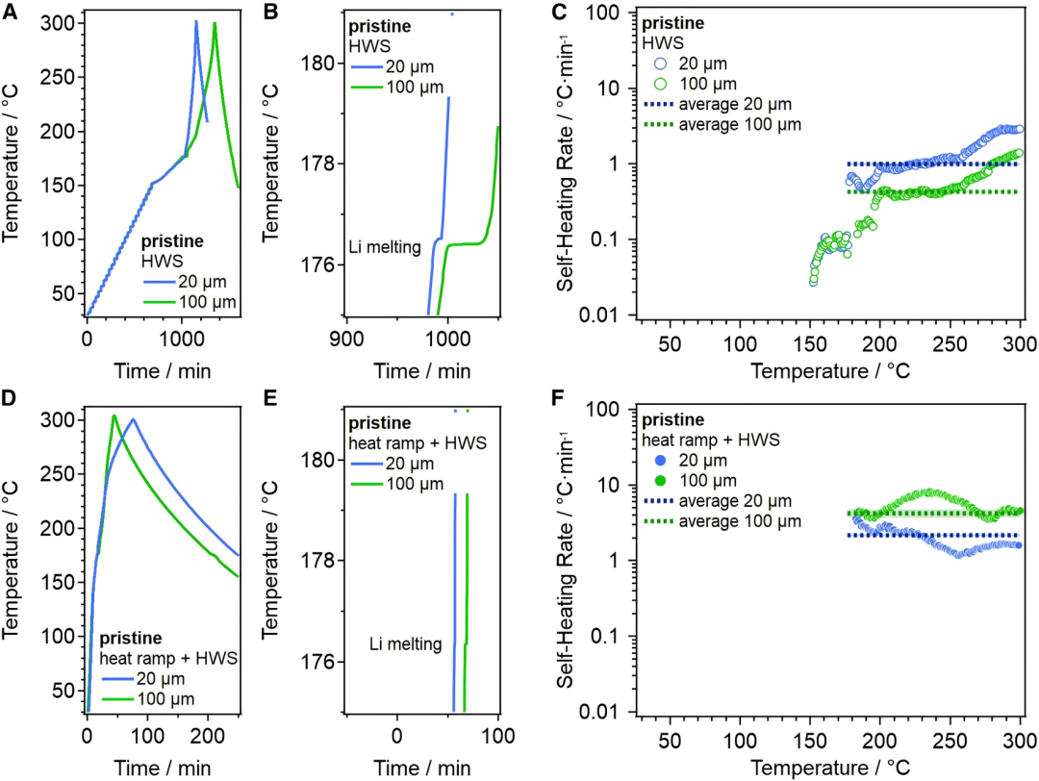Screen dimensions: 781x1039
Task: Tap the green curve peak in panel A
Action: [215, 23]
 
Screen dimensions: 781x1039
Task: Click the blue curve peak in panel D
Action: [133, 418]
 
